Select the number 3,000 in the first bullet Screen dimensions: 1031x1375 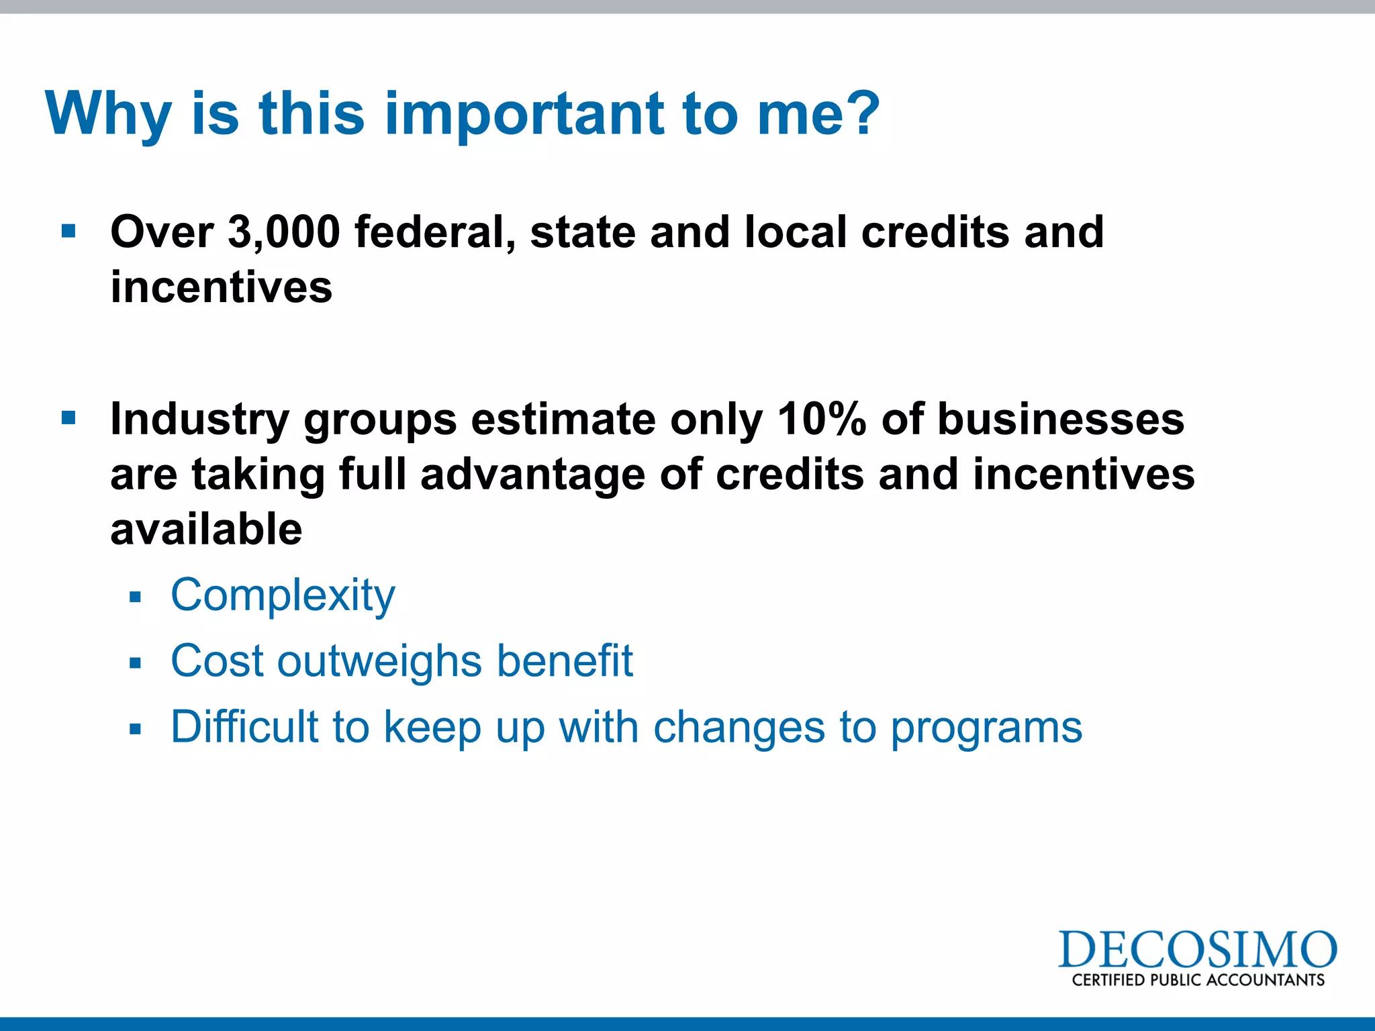click(283, 232)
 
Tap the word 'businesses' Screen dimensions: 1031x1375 click(1060, 420)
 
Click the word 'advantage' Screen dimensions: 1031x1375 click(532, 475)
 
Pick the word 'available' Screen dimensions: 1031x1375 click(206, 530)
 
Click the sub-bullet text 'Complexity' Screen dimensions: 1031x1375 click(283, 596)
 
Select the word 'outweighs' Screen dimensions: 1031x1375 click(379, 661)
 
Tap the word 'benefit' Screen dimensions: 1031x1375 click(565, 660)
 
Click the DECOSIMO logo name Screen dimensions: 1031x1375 click(1197, 950)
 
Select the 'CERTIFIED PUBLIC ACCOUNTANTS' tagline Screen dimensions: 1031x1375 click(1198, 980)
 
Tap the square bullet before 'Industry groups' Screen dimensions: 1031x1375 click(68, 419)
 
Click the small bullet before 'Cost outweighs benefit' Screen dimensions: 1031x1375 click(136, 663)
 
